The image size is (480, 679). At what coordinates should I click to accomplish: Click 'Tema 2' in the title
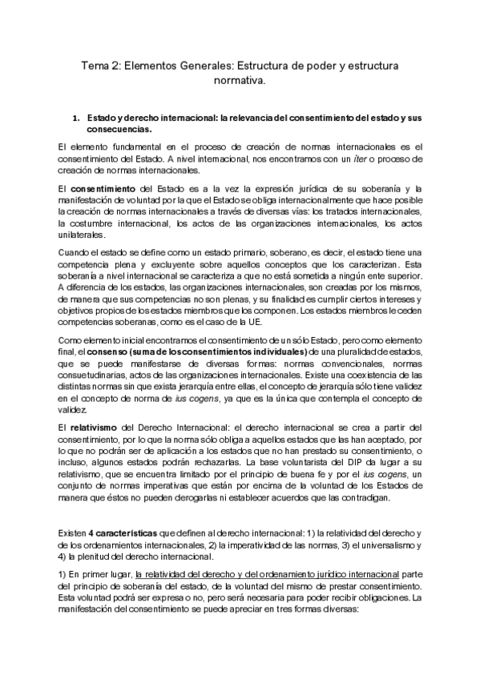click(99, 65)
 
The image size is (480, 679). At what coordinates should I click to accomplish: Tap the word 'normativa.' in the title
click(239, 81)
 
